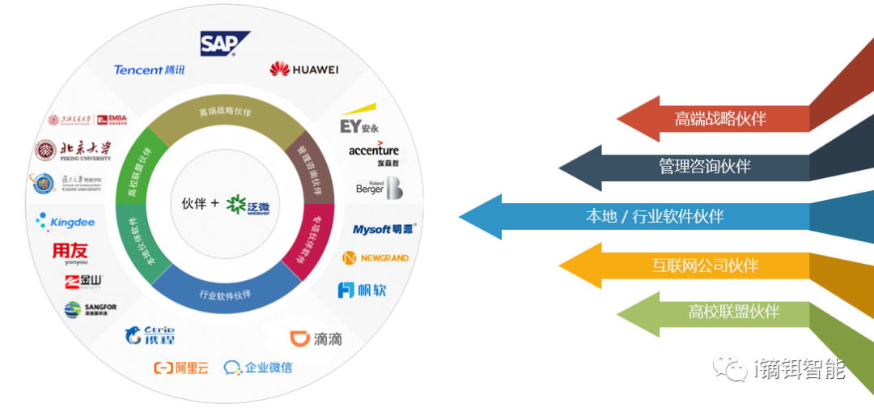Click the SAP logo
pyautogui.click(x=225, y=43)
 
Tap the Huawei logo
pyautogui.click(x=303, y=69)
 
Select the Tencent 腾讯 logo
pyautogui.click(x=150, y=70)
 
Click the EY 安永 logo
pyautogui.click(x=359, y=125)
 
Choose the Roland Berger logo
pyautogui.click(x=379, y=188)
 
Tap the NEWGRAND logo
pyautogui.click(x=375, y=258)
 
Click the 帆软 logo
pyautogui.click(x=362, y=289)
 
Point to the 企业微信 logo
pyautogui.click(x=258, y=368)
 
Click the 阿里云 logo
pyautogui.click(x=181, y=368)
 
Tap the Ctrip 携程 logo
pyautogui.click(x=150, y=334)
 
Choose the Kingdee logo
pyautogui.click(x=66, y=221)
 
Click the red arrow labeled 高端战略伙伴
pyautogui.click(x=712, y=118)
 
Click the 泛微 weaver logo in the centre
pyautogui.click(x=248, y=205)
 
